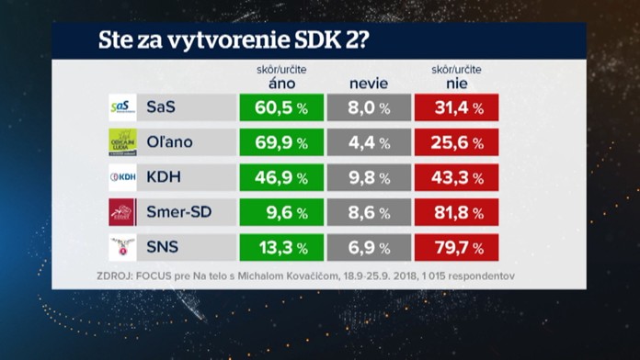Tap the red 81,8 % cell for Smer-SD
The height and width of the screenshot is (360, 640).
coord(457,212)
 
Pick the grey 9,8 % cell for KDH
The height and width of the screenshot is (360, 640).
coord(369,177)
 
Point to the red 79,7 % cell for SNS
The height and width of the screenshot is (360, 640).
coord(457,247)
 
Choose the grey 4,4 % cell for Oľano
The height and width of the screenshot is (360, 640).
coord(369,142)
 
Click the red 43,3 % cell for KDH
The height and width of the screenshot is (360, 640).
coord(457,177)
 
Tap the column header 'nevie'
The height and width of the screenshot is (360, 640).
coord(369,84)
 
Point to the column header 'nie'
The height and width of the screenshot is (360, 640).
coord(456,84)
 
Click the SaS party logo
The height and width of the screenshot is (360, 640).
coord(122,107)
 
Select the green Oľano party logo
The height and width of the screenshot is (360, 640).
coord(122,142)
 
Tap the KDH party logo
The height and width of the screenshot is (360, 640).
coord(122,177)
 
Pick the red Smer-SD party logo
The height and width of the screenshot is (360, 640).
coord(122,212)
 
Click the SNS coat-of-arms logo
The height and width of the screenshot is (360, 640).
coord(122,247)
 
